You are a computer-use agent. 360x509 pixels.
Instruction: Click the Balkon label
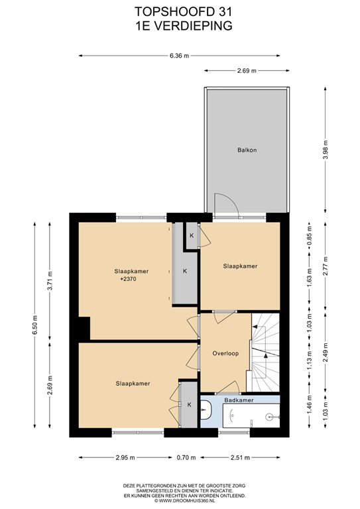pos(247,150)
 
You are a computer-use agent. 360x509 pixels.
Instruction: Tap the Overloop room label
pos(225,353)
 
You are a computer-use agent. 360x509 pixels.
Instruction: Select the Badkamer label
pos(239,400)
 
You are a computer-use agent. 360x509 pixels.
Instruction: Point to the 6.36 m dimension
pos(179,56)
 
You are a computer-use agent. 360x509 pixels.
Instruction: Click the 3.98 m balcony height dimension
pos(326,149)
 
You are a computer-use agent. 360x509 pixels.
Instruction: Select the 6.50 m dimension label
pos(34,325)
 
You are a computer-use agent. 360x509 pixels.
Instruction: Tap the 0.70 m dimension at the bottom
pos(186,457)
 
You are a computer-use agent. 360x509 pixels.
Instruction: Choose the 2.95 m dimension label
pos(125,457)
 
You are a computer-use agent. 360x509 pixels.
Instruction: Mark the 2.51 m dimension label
pos(240,457)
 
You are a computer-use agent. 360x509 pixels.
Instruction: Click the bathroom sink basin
pos(206,410)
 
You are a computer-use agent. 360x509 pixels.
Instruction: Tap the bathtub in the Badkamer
pos(251,416)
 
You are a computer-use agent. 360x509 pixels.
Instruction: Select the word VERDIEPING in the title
pos(193,26)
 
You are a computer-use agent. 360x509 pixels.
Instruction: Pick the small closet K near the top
pos(192,235)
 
